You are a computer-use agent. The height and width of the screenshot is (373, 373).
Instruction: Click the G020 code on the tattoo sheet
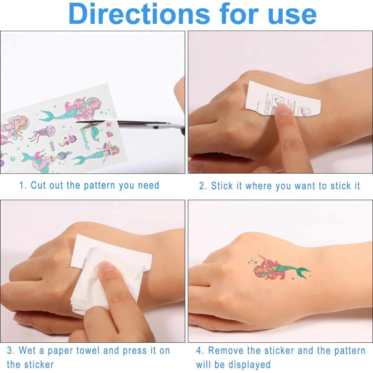click(52, 146)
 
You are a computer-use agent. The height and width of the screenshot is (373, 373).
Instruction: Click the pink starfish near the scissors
click(108, 123)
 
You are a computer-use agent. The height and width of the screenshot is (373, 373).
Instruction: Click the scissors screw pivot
click(155, 128)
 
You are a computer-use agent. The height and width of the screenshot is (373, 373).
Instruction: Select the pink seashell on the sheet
click(109, 134)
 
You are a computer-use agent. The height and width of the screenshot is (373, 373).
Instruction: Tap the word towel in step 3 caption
click(88, 350)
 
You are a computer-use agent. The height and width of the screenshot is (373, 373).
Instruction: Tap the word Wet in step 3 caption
click(27, 350)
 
